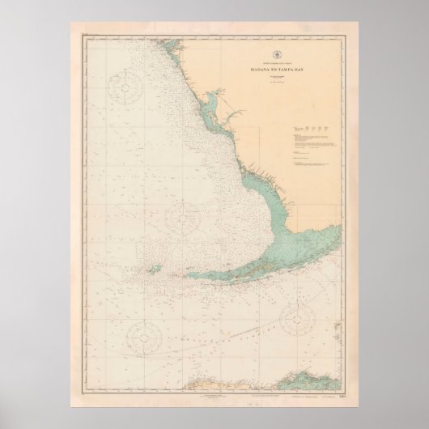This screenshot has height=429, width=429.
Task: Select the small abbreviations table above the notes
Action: (x=312, y=130)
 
